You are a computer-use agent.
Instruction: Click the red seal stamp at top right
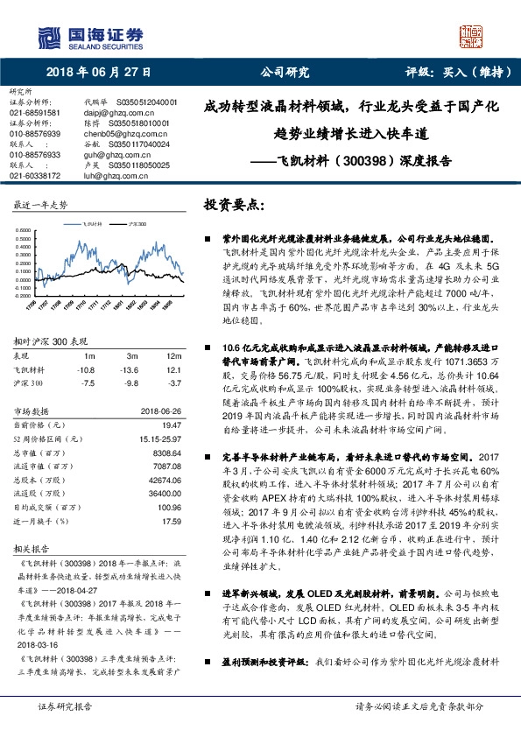471,35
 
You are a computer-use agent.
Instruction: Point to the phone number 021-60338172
35,176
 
